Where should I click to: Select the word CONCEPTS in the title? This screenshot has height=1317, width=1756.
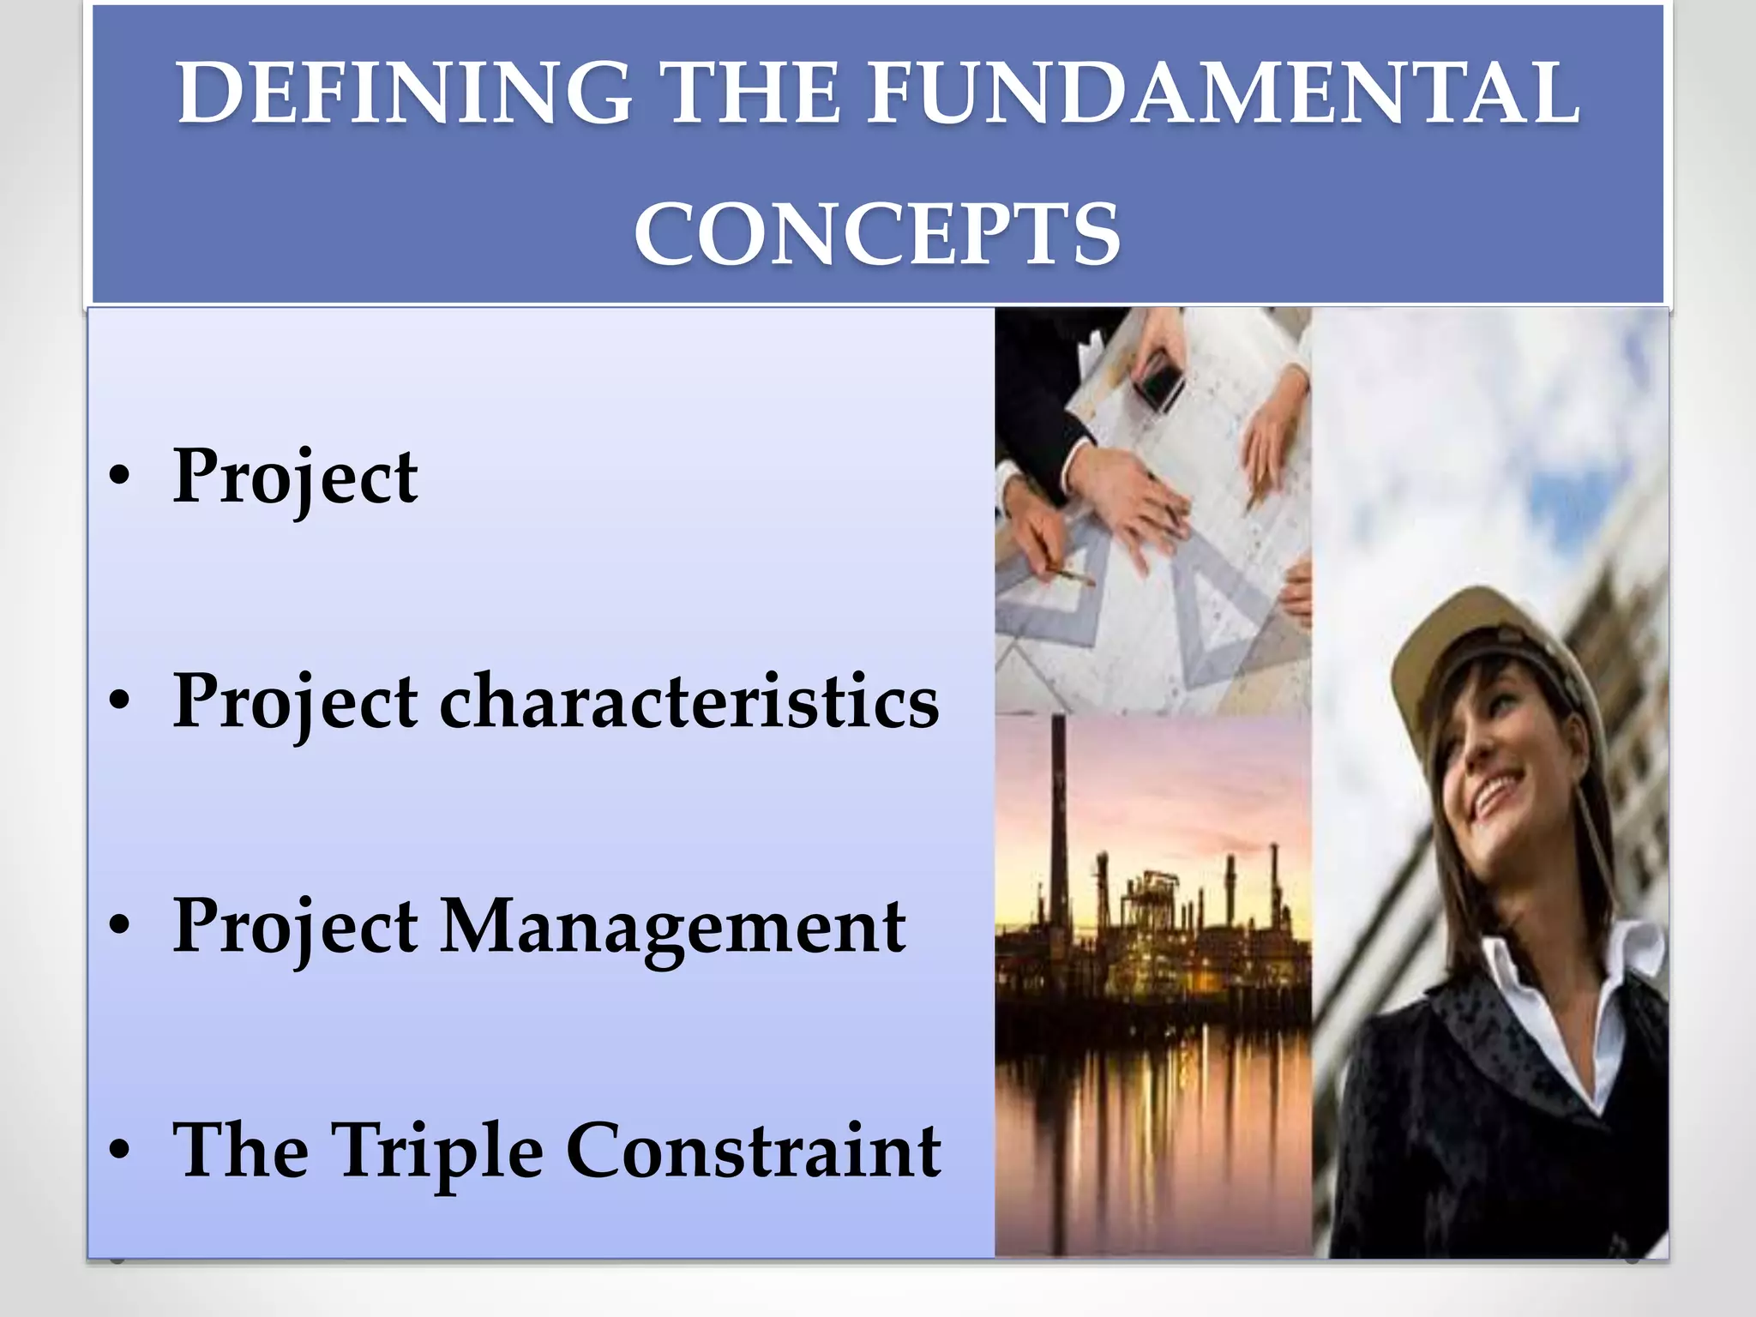(876, 234)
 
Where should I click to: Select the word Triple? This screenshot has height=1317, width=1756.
(437, 1151)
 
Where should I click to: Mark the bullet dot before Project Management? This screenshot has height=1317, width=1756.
(119, 927)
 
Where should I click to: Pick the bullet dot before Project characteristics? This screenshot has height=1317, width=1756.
(119, 701)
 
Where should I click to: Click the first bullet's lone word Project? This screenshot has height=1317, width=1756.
(295, 478)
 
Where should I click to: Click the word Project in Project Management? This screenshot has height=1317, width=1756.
(295, 927)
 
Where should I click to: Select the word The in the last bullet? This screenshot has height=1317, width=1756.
(240, 1151)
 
